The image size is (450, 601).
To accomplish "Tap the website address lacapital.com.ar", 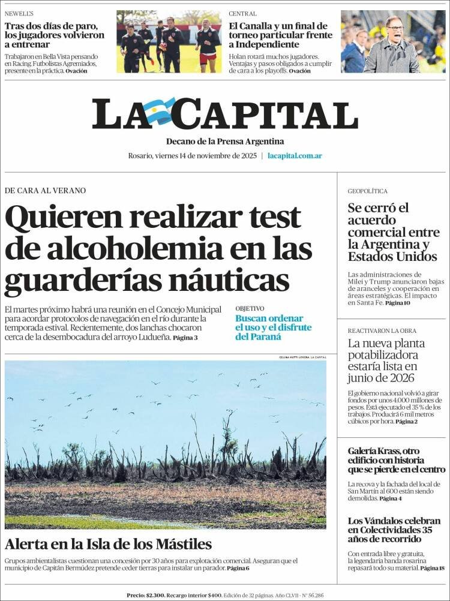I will pyautogui.click(x=295, y=155).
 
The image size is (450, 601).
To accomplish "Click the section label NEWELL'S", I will pyautogui.click(x=19, y=13).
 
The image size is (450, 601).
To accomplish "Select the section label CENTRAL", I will pyautogui.click(x=242, y=13).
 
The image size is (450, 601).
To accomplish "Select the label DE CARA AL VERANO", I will pyautogui.click(x=45, y=190).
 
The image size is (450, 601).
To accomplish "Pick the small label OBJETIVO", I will pyautogui.click(x=250, y=308).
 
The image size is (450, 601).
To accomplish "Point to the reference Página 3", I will pyautogui.click(x=185, y=338).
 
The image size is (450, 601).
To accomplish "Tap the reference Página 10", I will pyautogui.click(x=398, y=303).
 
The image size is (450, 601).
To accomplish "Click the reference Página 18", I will pyautogui.click(x=433, y=567).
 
